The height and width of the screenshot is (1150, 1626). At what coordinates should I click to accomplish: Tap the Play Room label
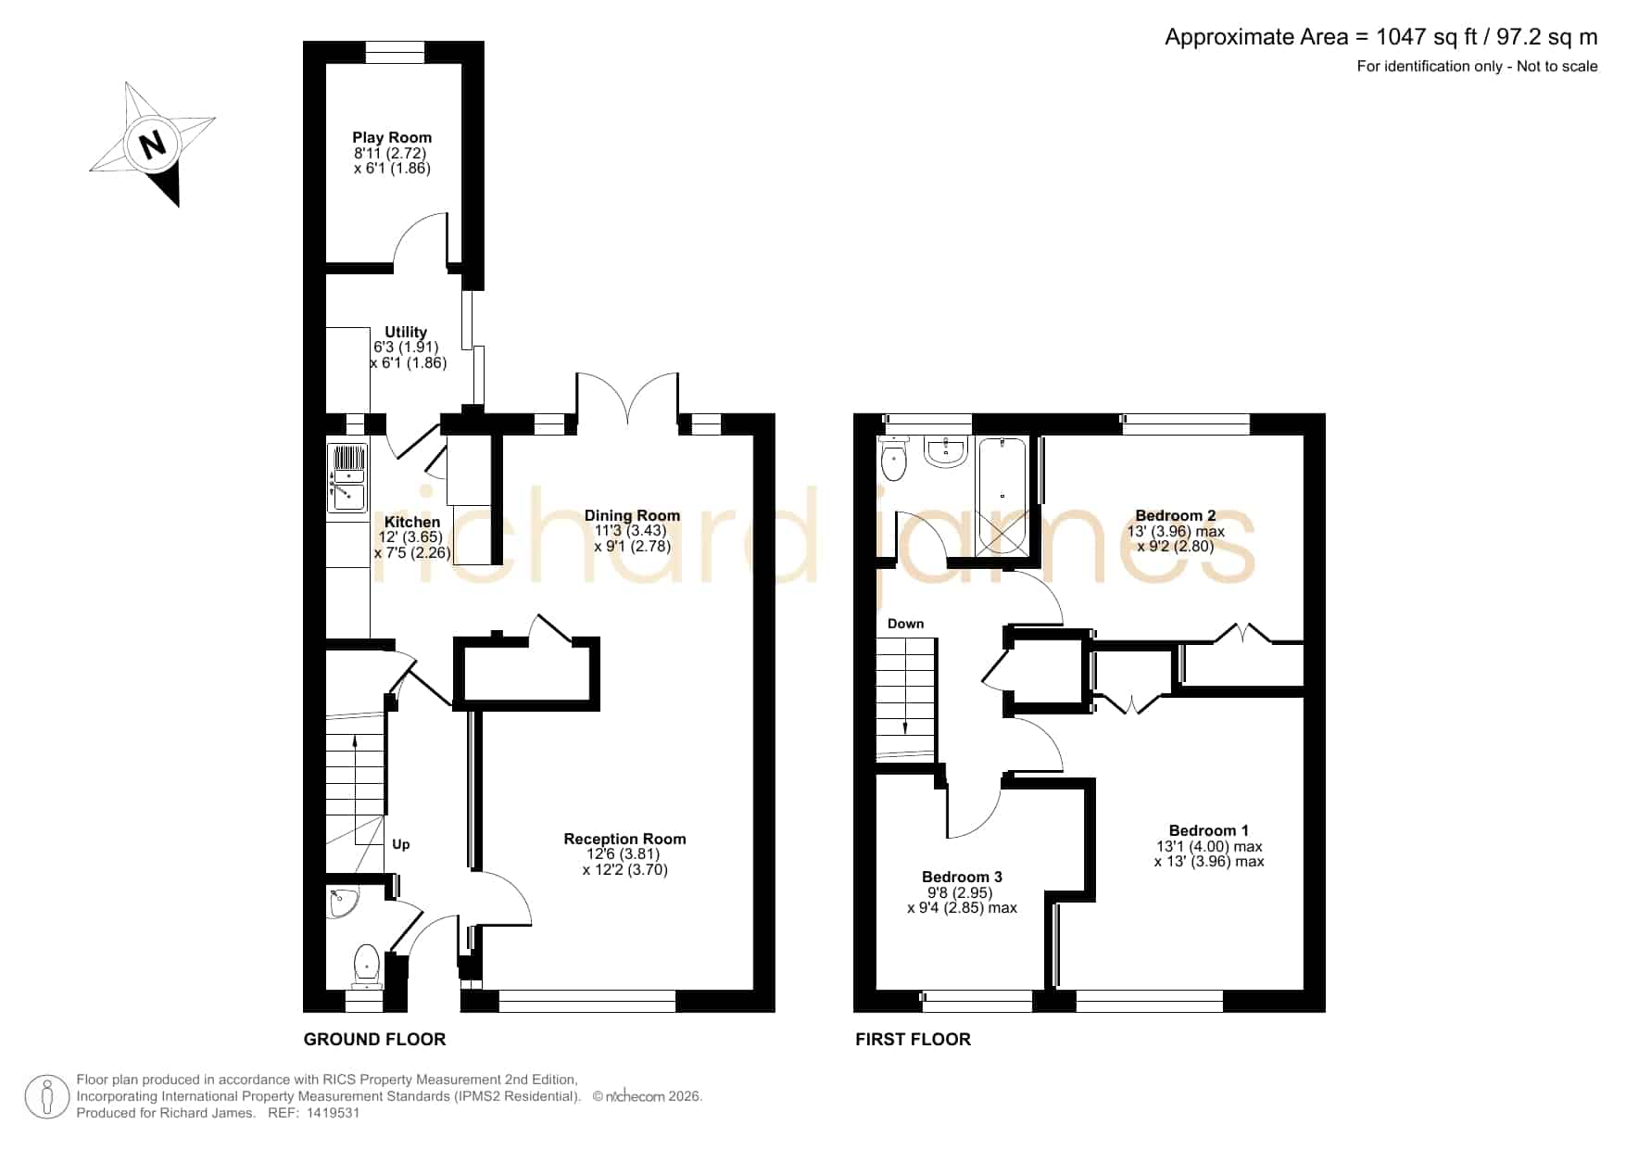[392, 137]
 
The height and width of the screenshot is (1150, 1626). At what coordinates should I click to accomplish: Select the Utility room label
[406, 332]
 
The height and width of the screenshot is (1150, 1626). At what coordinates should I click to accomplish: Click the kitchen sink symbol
[347, 478]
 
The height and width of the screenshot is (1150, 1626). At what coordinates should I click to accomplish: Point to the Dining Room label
[632, 515]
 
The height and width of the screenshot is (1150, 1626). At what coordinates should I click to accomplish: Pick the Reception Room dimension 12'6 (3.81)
[624, 854]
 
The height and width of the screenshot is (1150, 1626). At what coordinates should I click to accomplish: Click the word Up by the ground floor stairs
[401, 844]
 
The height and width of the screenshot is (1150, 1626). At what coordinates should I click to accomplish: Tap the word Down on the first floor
[905, 624]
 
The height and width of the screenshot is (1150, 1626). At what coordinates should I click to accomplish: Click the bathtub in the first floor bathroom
[1002, 495]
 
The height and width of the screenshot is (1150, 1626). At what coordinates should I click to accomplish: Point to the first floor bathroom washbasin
[946, 451]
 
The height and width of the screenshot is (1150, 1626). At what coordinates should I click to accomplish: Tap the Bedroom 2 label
[1176, 516]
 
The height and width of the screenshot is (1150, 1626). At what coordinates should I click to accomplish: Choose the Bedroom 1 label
[1209, 830]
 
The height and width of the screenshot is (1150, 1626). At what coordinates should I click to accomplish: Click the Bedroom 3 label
[962, 877]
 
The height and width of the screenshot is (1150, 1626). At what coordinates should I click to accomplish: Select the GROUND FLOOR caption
[374, 1040]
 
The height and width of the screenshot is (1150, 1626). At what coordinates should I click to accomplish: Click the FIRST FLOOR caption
[913, 1040]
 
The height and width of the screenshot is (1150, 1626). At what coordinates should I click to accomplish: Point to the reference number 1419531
[333, 1113]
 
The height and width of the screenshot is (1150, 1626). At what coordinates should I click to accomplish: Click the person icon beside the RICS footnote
[47, 1097]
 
